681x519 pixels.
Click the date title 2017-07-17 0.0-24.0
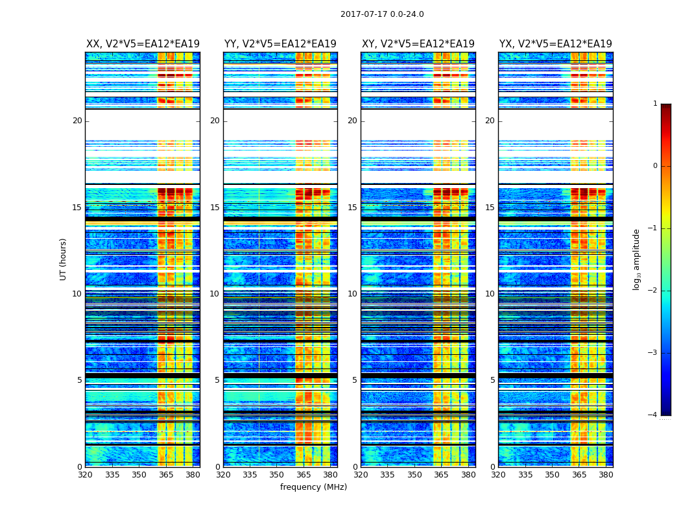point(382,14)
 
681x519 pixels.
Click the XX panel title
point(143,44)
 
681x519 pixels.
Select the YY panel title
point(280,44)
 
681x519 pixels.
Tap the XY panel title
point(418,44)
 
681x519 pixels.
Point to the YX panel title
point(556,44)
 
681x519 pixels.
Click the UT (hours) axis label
point(64,259)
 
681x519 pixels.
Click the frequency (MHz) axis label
point(313,487)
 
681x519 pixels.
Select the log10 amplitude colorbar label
point(637,259)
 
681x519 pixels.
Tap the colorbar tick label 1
point(655,104)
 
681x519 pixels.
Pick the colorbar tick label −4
point(653,415)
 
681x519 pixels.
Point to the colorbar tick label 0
point(655,166)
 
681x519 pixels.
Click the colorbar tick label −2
point(653,291)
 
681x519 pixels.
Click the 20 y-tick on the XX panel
point(77,121)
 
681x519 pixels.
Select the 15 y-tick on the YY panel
point(215,208)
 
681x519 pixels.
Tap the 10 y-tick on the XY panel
point(352,294)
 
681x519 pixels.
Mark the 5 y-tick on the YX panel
point(492,380)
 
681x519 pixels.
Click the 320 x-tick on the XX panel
point(85,474)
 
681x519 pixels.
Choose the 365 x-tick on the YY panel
point(304,474)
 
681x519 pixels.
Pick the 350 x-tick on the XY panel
point(414,474)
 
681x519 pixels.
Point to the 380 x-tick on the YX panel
point(606,474)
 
